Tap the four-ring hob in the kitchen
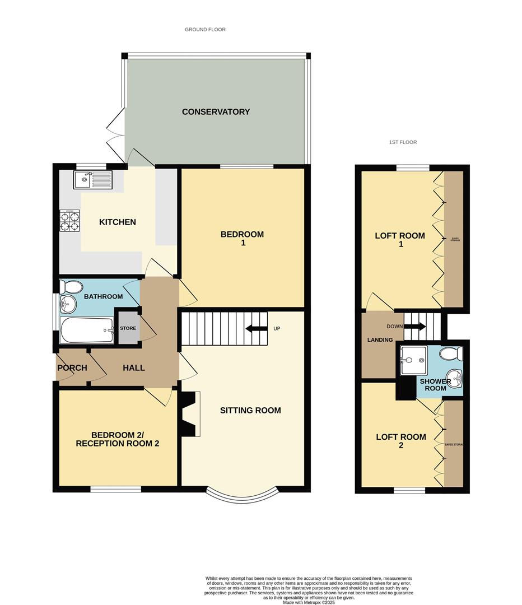(x=69, y=221)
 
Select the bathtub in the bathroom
(x=87, y=331)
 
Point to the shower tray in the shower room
(x=414, y=360)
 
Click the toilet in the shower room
(x=451, y=353)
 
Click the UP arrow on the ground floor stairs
(x=255, y=328)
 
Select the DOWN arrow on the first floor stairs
(x=418, y=327)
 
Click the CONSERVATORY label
(x=216, y=111)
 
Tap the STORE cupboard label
(x=128, y=328)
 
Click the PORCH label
(x=72, y=368)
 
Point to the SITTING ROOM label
(x=250, y=411)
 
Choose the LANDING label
(x=380, y=339)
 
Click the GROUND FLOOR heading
(x=205, y=29)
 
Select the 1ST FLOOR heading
(x=403, y=142)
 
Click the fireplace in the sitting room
(x=189, y=413)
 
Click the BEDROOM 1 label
(x=242, y=239)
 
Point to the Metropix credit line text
(x=309, y=602)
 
